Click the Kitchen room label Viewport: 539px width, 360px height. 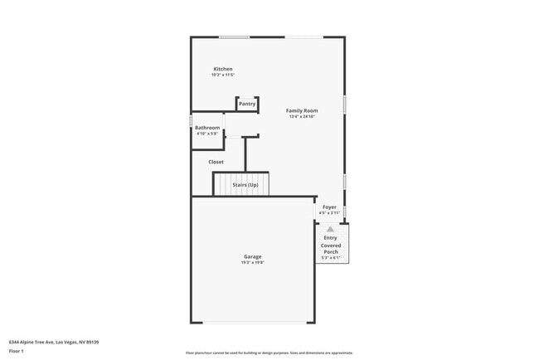(x=222, y=69)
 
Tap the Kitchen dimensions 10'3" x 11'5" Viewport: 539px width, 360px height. (x=222, y=75)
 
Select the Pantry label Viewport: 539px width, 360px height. (x=247, y=104)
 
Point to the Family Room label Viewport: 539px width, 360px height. (x=302, y=110)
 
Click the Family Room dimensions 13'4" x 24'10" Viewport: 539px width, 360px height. (x=302, y=117)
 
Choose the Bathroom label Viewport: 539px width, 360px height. (x=207, y=128)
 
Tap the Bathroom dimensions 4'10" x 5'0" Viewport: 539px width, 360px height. (x=207, y=134)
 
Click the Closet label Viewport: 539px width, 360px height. (x=216, y=162)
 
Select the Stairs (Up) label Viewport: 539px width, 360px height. (x=245, y=185)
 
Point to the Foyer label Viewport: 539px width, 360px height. (x=329, y=207)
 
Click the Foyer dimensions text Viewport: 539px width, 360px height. (x=329, y=213)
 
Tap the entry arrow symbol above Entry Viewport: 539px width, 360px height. (x=330, y=228)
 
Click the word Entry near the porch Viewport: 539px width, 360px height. (x=330, y=238)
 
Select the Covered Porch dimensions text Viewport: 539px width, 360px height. (x=331, y=258)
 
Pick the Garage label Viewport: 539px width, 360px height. (x=252, y=256)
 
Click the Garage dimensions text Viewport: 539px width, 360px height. (x=252, y=263)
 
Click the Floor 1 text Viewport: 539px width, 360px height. (x=17, y=351)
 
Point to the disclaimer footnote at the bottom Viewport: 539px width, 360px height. (x=269, y=353)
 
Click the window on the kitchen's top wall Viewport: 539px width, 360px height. (x=234, y=36)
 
